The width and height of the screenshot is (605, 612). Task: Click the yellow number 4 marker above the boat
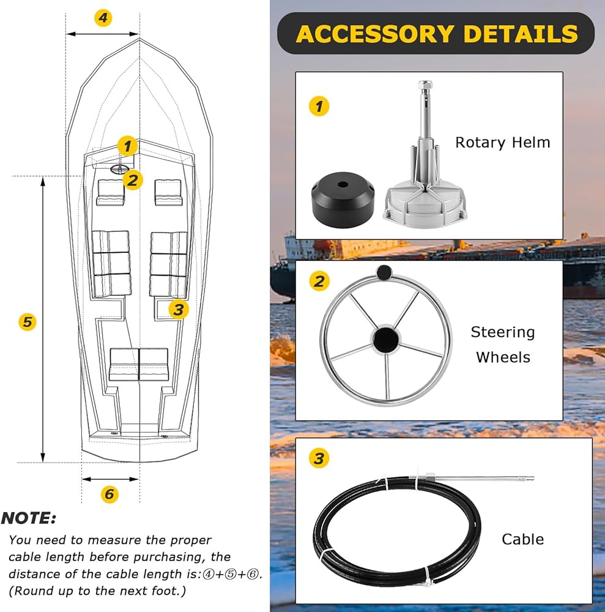coord(103,18)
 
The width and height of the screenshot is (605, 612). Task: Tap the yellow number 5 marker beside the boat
coord(28,322)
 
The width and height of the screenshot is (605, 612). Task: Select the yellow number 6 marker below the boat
coord(109,494)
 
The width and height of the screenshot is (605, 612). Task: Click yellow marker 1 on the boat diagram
coord(127,146)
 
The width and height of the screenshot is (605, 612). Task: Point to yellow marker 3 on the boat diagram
coord(179,310)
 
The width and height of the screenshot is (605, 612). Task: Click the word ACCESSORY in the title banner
coord(375,34)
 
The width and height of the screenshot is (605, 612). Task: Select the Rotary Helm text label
coord(502,143)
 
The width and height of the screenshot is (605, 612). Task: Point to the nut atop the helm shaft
coord(425,85)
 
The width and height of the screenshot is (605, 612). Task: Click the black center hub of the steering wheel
coord(386,340)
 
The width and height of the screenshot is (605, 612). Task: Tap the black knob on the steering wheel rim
coord(384,273)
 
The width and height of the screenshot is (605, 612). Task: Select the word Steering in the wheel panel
coord(503,332)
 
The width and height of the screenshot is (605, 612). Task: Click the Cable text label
coord(522,539)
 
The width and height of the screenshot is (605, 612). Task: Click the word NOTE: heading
coord(29,518)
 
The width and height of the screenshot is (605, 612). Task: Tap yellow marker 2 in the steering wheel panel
coord(319,281)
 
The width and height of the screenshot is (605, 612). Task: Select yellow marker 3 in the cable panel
coord(319,458)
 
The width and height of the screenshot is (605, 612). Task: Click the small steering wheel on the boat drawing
coord(119,169)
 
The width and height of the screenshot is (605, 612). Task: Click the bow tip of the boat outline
coord(139,39)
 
